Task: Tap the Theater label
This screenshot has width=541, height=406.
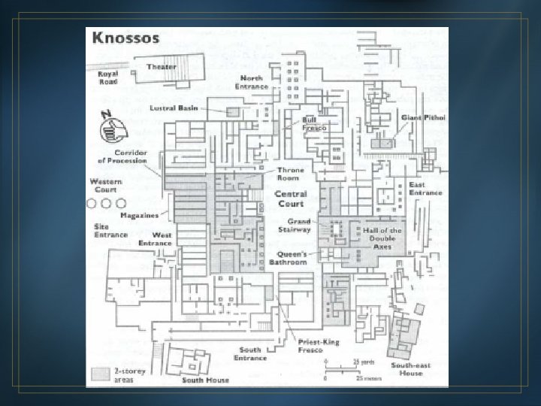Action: [x=162, y=67]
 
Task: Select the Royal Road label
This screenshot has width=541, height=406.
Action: [x=107, y=77]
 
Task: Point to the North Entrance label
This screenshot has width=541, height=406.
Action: [x=251, y=82]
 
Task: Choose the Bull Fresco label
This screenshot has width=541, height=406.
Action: [x=314, y=124]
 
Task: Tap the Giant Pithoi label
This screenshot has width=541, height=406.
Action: [x=423, y=118]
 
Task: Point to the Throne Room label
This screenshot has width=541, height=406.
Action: [x=291, y=174]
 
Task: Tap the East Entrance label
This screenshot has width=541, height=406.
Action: [x=425, y=189]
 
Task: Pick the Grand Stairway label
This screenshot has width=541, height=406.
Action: [x=295, y=226]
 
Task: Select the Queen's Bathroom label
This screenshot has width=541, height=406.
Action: [x=289, y=259]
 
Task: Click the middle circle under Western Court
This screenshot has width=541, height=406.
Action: [x=106, y=203]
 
